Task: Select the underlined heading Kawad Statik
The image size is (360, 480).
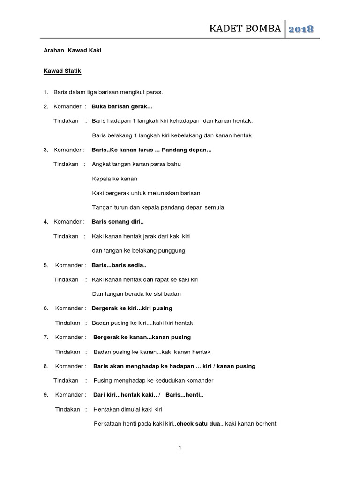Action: click(x=62, y=71)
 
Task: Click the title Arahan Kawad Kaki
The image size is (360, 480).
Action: click(x=72, y=50)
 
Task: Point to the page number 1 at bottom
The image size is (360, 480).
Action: click(x=180, y=448)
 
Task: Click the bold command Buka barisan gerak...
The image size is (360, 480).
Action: click(x=119, y=106)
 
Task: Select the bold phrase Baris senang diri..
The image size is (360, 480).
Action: click(x=118, y=222)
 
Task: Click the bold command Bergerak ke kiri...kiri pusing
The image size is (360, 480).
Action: click(x=132, y=308)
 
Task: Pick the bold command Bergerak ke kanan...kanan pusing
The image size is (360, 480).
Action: click(x=142, y=337)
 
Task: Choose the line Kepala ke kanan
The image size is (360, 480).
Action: click(x=114, y=179)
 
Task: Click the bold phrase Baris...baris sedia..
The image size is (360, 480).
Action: click(x=119, y=265)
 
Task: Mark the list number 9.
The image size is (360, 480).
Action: click(x=46, y=395)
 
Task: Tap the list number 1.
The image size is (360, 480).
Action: click(x=46, y=92)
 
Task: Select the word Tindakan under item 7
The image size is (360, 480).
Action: click(x=67, y=352)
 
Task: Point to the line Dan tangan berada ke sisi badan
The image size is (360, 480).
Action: click(x=136, y=294)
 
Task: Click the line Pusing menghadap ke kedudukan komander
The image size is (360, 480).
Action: click(x=153, y=380)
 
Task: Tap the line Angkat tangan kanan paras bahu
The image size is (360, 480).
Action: click(x=136, y=164)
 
